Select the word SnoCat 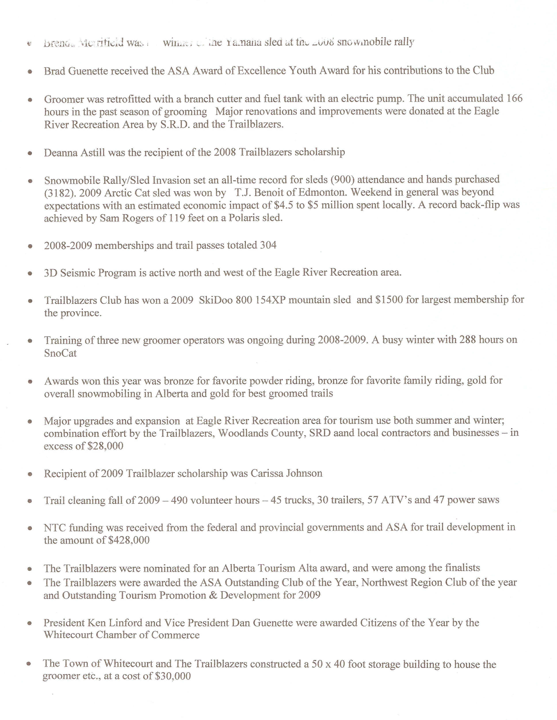(x=60, y=353)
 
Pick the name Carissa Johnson (x=286, y=473)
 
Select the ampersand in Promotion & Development (x=213, y=595)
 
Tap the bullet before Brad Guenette (x=30, y=71)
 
